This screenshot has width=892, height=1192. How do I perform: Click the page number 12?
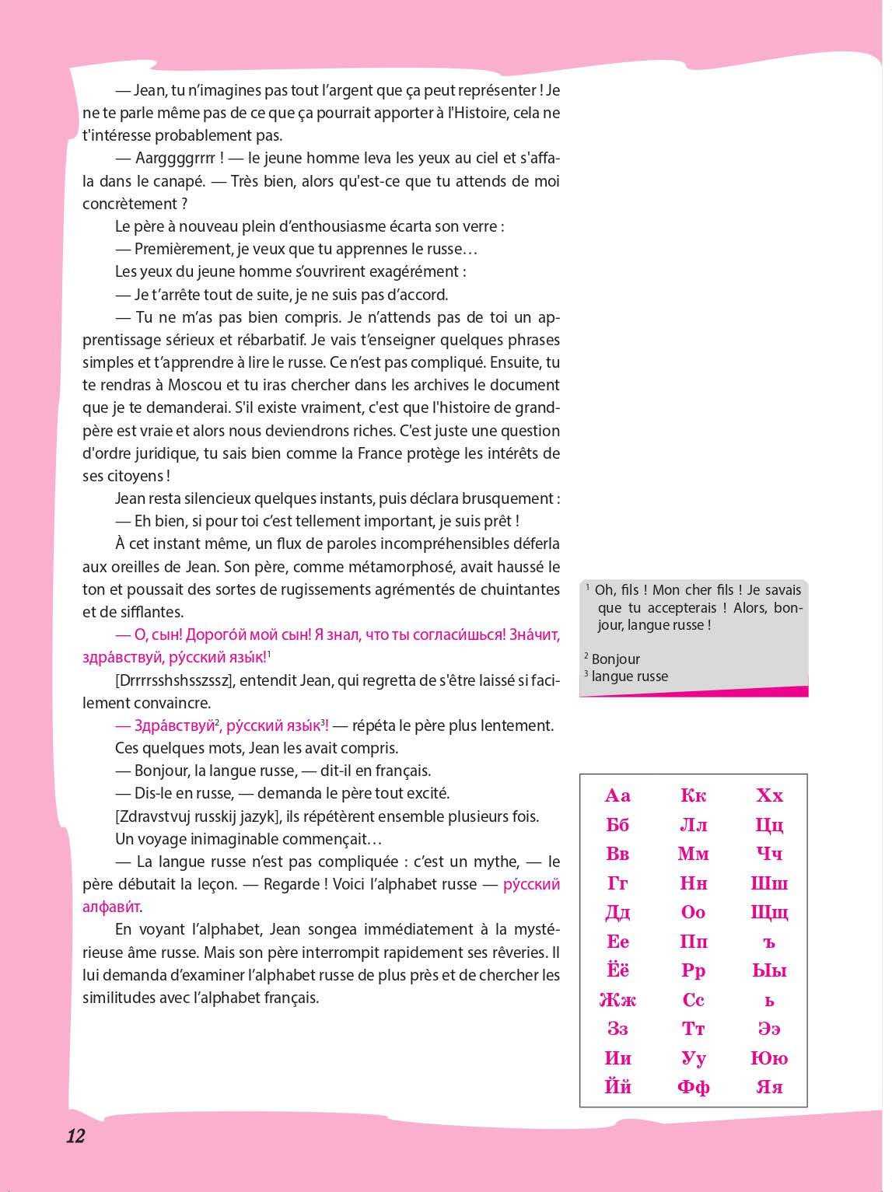tap(75, 1136)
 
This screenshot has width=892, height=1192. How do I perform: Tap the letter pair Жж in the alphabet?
tap(617, 1000)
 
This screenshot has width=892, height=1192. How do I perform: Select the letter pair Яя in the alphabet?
tap(769, 1087)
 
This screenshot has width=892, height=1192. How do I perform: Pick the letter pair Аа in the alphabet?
tap(617, 795)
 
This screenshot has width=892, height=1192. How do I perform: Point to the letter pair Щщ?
tap(769, 912)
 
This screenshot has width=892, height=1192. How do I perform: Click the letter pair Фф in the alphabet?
tap(693, 1087)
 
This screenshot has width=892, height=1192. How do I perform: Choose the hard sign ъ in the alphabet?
tap(769, 942)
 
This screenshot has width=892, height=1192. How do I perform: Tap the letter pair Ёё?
tap(617, 970)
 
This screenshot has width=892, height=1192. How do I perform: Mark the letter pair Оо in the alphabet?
tap(693, 912)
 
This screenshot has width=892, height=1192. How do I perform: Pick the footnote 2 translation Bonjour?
tap(616, 659)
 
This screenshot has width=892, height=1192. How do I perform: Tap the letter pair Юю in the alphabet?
tap(769, 1058)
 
